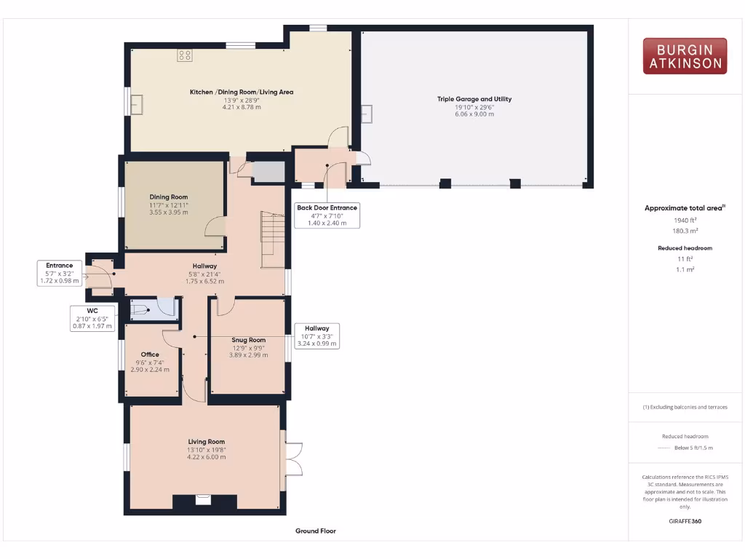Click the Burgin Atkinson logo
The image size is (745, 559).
[x=685, y=56]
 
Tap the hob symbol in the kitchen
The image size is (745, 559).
[x=184, y=55]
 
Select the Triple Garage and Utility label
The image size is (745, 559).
[x=474, y=99]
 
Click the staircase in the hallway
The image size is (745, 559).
[x=273, y=231]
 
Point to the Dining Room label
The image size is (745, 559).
[x=169, y=197]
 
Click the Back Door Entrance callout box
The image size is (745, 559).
[x=327, y=215]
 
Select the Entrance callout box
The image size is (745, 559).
[x=60, y=273]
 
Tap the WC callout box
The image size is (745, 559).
[x=92, y=319]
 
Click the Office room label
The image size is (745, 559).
[x=150, y=354]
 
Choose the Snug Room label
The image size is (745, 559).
[x=249, y=340]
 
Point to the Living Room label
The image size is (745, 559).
[x=207, y=442]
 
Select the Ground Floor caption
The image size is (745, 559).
[x=316, y=531]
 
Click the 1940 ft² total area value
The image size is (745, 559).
[x=685, y=220]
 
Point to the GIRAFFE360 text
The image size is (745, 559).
[x=685, y=521]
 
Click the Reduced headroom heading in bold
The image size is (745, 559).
[x=685, y=248]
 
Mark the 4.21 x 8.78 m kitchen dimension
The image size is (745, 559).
[x=242, y=107]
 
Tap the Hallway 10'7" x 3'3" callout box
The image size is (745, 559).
[x=316, y=336]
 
